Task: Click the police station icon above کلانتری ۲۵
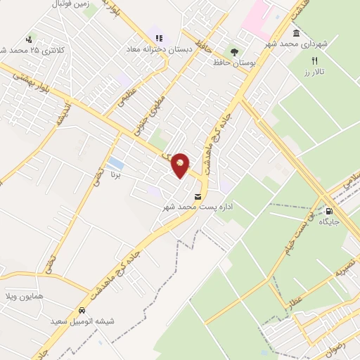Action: (x=29, y=39)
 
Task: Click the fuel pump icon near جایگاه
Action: (x=330, y=210)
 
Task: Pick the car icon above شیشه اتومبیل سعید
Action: (x=82, y=310)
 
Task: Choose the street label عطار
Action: (x=290, y=304)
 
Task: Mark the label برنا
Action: (x=115, y=172)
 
